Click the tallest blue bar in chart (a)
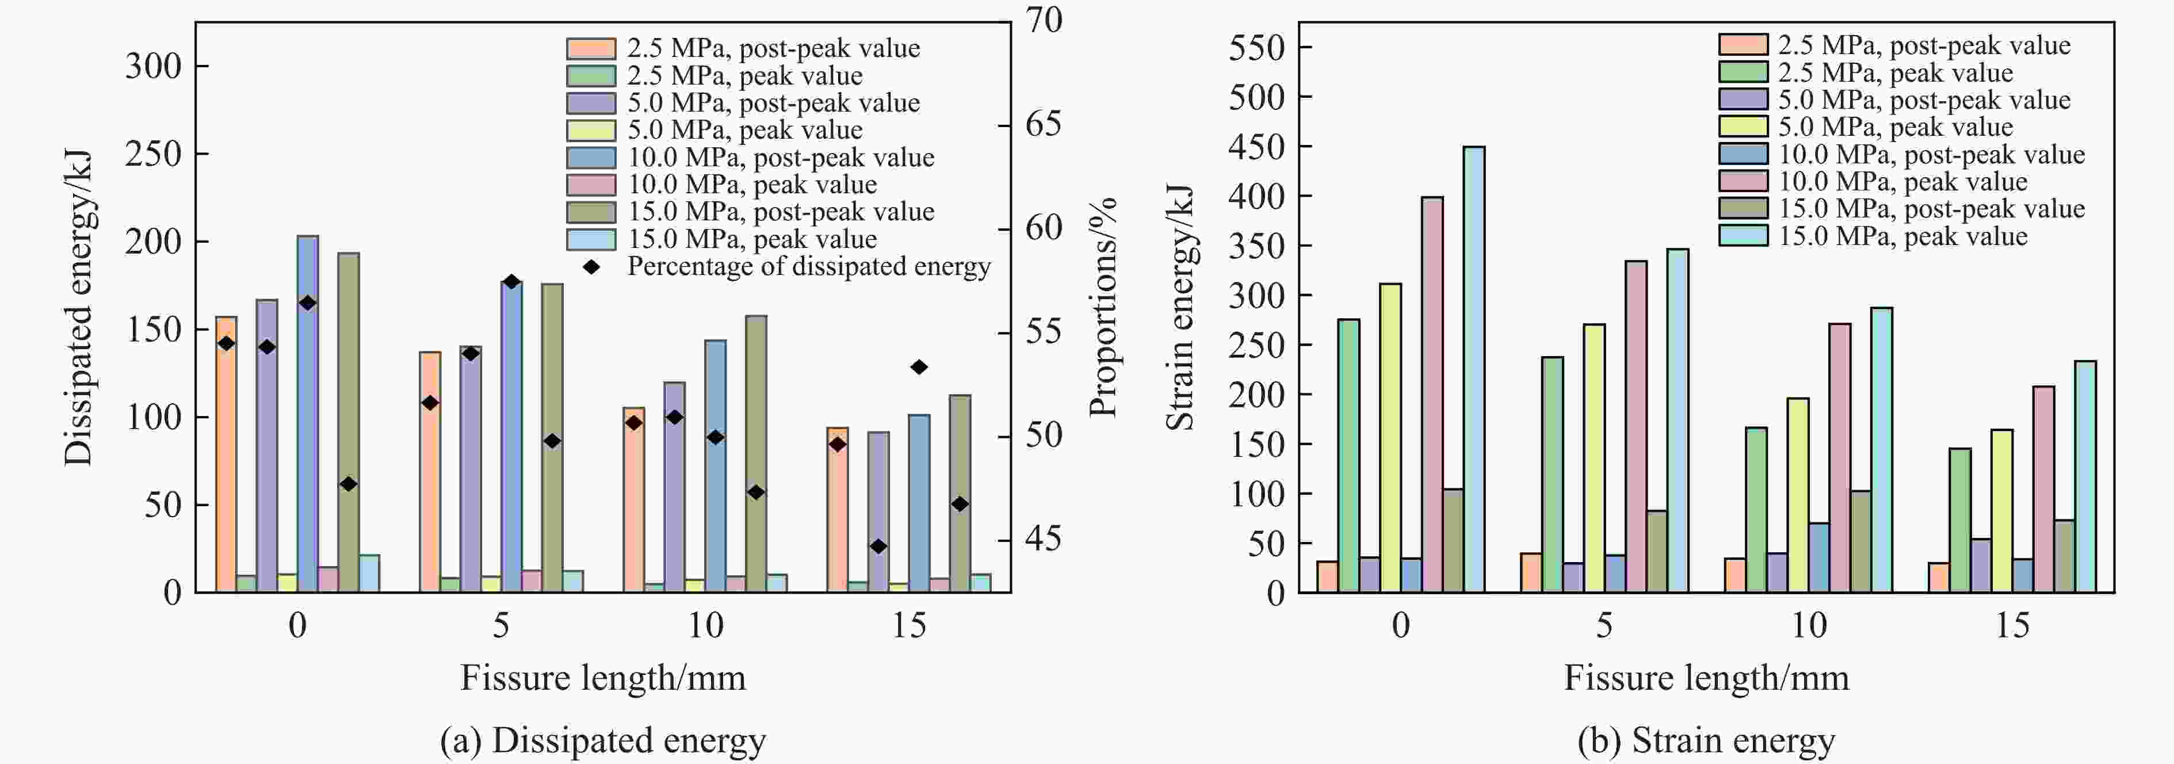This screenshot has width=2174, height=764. [307, 414]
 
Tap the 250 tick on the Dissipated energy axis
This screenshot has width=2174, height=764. [154, 155]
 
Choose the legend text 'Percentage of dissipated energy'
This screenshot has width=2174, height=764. [808, 267]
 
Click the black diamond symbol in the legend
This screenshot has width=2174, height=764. [591, 267]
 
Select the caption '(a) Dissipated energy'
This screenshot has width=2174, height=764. [602, 740]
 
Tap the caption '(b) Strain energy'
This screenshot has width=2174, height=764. [1706, 740]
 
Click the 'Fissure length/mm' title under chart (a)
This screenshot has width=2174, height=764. [602, 678]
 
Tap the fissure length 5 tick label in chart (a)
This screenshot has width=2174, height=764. [501, 625]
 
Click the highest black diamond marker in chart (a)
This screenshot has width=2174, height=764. [511, 281]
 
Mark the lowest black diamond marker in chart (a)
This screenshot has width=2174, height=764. [878, 546]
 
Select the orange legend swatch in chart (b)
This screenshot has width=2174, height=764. [1743, 45]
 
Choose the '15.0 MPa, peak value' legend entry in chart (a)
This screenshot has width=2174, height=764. [751, 239]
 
